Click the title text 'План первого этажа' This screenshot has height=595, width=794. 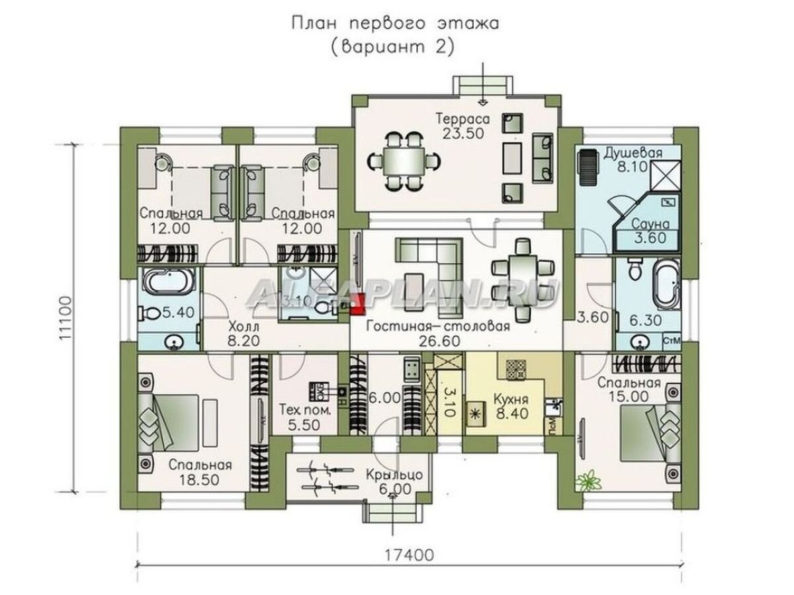click(396, 24)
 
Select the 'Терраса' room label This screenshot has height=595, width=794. click(462, 119)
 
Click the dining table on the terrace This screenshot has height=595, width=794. click(403, 160)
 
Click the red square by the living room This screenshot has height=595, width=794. click(358, 303)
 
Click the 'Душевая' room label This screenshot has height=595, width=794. click(633, 153)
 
